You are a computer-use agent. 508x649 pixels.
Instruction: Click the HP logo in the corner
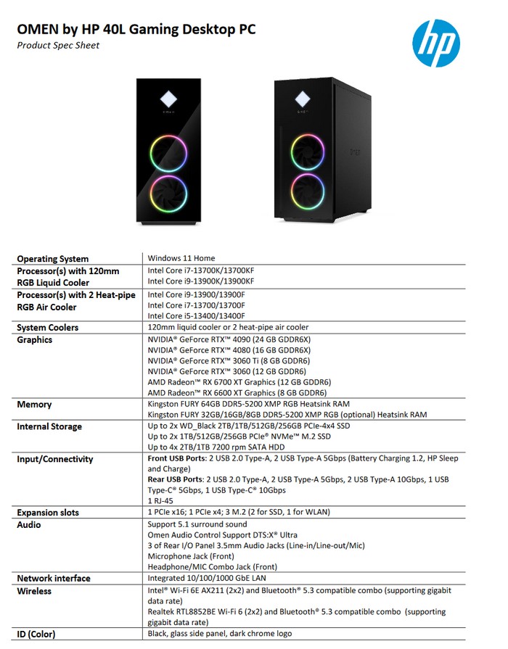point(435,43)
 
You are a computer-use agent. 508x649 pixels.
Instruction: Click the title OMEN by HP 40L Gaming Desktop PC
point(136,30)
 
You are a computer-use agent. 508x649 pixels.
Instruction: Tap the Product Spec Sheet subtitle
point(58,46)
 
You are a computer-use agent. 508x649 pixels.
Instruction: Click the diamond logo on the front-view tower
point(168,97)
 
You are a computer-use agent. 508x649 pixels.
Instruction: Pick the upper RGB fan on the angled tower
point(308,150)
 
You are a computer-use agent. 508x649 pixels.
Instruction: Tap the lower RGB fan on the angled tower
point(308,191)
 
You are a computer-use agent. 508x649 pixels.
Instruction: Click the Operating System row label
point(53,259)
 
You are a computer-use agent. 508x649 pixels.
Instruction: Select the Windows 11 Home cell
point(181,258)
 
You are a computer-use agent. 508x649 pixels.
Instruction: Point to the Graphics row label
point(35,340)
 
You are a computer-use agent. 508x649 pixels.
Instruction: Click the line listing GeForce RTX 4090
point(229,339)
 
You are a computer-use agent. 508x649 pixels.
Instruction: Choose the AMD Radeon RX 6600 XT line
point(239,392)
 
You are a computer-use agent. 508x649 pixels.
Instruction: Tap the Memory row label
point(34,405)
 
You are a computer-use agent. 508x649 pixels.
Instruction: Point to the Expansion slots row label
point(48,513)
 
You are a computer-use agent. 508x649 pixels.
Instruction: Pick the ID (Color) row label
point(36,634)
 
